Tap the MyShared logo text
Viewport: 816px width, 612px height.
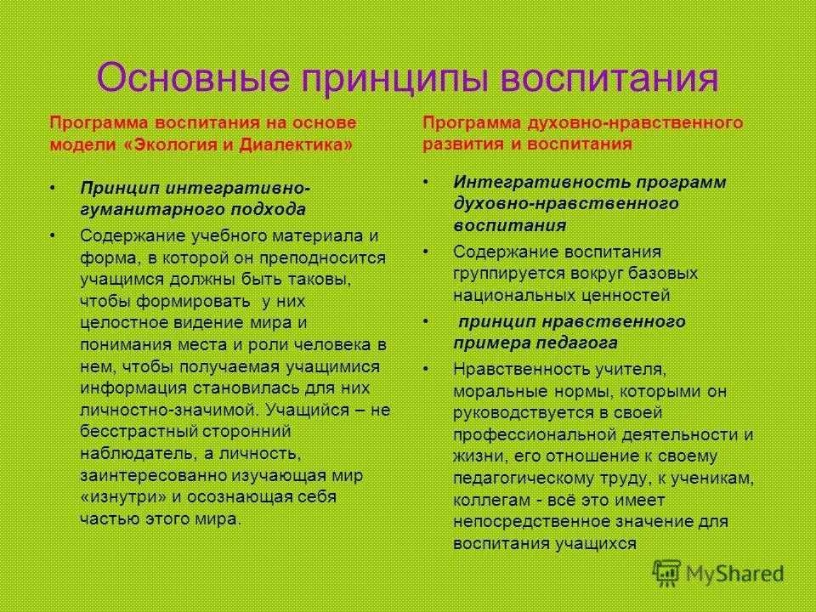pyautogui.click(x=736, y=575)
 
